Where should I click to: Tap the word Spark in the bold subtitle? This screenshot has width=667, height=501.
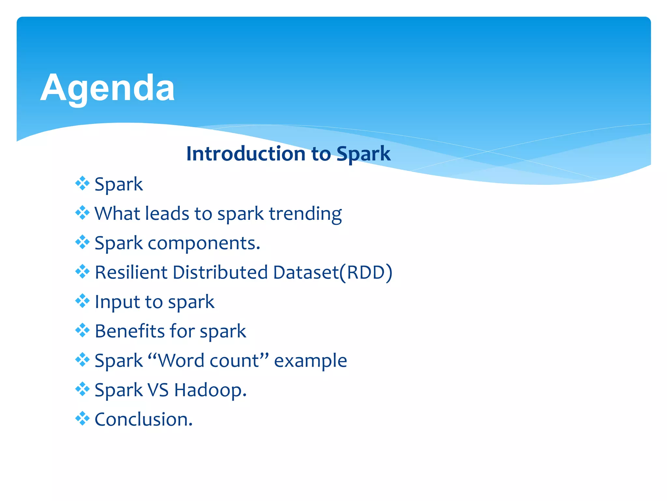click(x=363, y=154)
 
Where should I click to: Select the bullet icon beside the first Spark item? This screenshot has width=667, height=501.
click(x=82, y=183)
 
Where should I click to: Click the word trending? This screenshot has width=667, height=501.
click(x=305, y=214)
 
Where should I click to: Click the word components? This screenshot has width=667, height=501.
click(x=204, y=243)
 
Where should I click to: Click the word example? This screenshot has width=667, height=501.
click(x=310, y=361)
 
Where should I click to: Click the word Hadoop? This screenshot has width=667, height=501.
click(x=210, y=390)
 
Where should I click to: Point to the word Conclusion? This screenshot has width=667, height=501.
click(x=143, y=419)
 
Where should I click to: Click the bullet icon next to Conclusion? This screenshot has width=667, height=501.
click(x=82, y=418)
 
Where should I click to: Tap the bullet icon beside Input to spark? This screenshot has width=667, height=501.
click(x=82, y=301)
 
